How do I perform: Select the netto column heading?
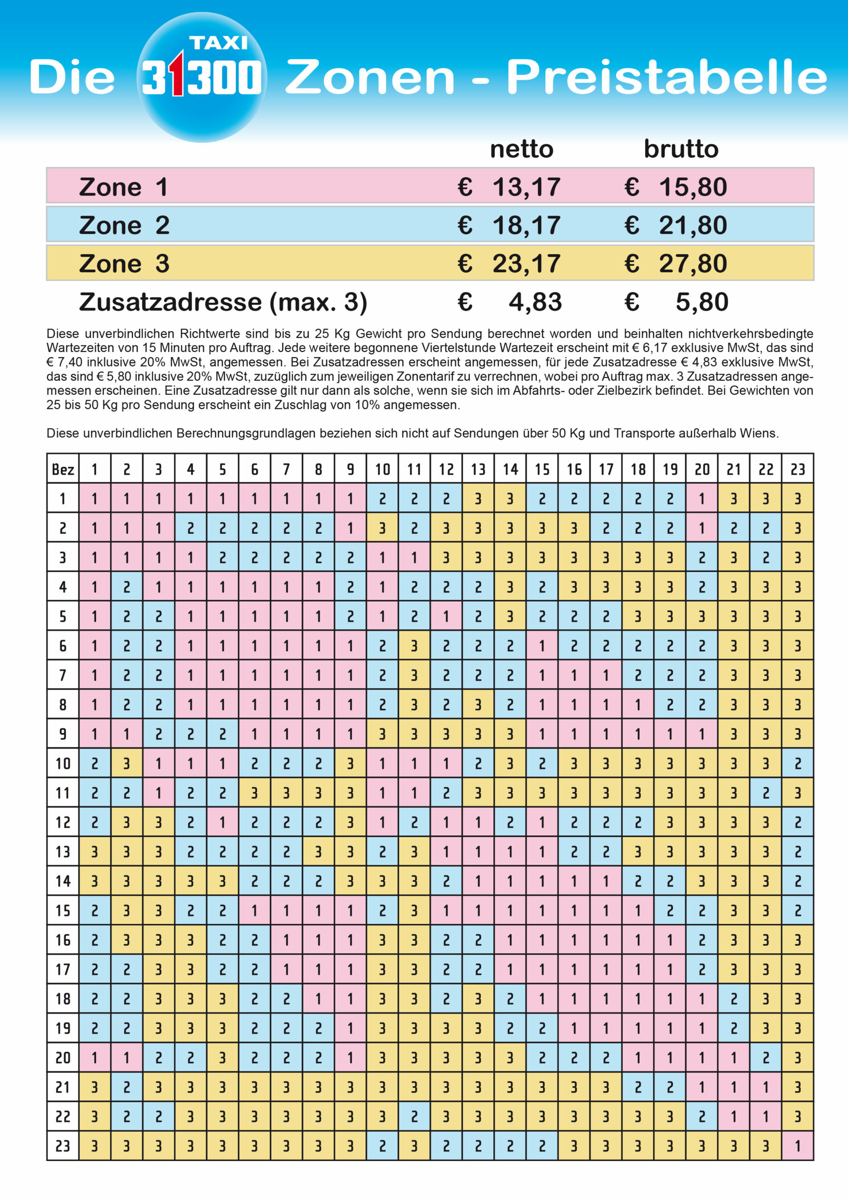(521, 150)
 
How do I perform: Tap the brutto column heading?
(681, 150)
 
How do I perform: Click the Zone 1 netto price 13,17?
(526, 187)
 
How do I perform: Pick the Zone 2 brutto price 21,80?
(692, 225)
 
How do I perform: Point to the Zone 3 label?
(124, 263)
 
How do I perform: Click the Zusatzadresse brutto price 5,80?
(702, 302)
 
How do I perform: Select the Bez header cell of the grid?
(63, 469)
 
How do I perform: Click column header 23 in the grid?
(797, 469)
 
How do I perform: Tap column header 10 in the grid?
(382, 469)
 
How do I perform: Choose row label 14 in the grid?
(63, 881)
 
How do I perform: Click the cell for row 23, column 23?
(797, 1146)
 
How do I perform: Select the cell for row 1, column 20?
(702, 499)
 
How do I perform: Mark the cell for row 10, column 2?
(126, 764)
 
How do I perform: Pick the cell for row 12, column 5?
(223, 823)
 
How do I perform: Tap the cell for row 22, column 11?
(414, 1117)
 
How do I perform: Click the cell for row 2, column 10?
(382, 528)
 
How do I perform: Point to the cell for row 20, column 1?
(95, 1058)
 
